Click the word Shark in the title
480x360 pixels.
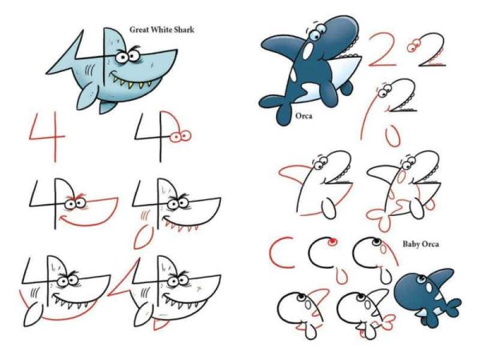(184, 30)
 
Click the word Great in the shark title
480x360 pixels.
(139, 30)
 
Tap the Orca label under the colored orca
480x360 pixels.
(304, 116)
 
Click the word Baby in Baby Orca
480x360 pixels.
(411, 244)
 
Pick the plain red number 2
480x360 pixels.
(383, 50)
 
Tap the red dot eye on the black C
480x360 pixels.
(332, 242)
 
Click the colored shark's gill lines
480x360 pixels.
(89, 70)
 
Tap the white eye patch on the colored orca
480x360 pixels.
(308, 51)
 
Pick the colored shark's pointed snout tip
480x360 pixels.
(176, 50)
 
